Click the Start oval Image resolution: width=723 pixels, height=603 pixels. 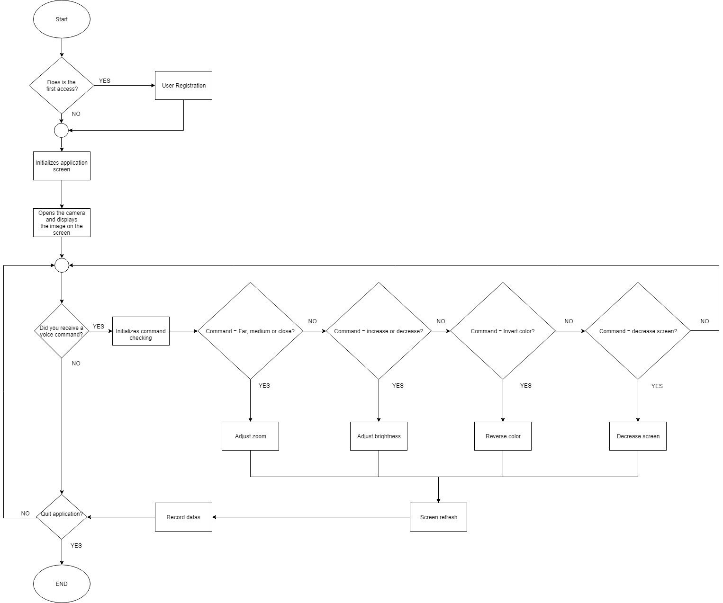(62, 19)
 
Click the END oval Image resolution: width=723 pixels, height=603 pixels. (62, 584)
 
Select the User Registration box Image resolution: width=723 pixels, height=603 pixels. (183, 86)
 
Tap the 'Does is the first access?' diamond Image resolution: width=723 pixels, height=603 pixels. (62, 86)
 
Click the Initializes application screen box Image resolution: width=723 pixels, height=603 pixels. (62, 166)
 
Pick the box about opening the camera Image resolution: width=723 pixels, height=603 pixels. (62, 222)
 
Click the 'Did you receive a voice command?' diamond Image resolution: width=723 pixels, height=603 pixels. (62, 331)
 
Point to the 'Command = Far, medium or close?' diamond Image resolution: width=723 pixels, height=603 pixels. (250, 331)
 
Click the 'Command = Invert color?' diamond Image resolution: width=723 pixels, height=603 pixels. (503, 331)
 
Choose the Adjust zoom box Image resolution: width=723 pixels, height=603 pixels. (250, 436)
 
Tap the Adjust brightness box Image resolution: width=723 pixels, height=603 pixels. (379, 436)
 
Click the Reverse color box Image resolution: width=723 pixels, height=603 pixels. (503, 436)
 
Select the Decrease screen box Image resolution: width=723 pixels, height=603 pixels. (638, 436)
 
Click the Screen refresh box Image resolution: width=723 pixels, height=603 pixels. (438, 517)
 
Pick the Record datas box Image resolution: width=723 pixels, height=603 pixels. (183, 517)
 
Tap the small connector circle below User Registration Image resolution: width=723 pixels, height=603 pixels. (62, 130)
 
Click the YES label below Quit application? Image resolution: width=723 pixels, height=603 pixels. (76, 546)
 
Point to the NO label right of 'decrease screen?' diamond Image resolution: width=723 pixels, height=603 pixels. (705, 321)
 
